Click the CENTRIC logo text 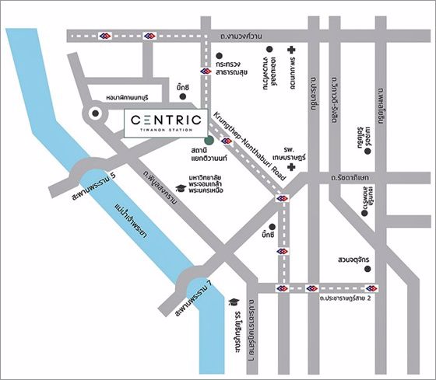click(x=167, y=120)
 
